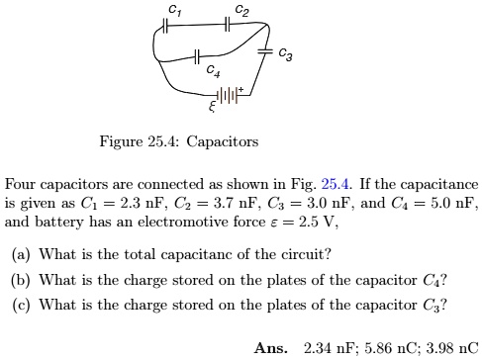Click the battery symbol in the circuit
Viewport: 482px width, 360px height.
pyautogui.click(x=230, y=95)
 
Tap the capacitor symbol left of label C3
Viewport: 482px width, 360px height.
pyautogui.click(x=264, y=50)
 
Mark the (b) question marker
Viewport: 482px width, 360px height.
pyautogui.click(x=20, y=279)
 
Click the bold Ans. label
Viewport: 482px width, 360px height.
pyautogui.click(x=270, y=348)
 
